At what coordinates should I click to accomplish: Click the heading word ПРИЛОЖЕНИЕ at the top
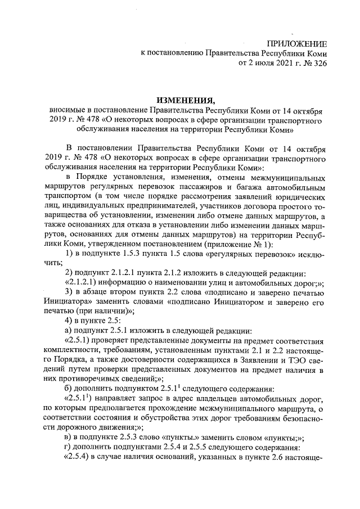296,43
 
